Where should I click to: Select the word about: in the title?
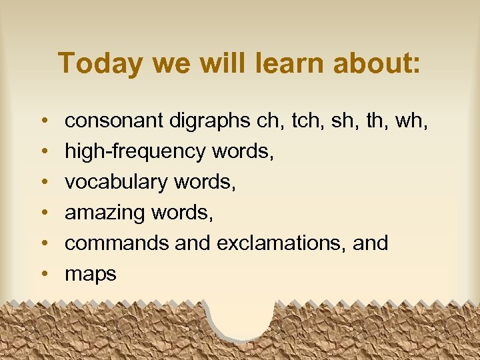click(378, 63)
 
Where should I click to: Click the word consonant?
click(114, 121)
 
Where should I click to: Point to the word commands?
click(117, 243)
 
